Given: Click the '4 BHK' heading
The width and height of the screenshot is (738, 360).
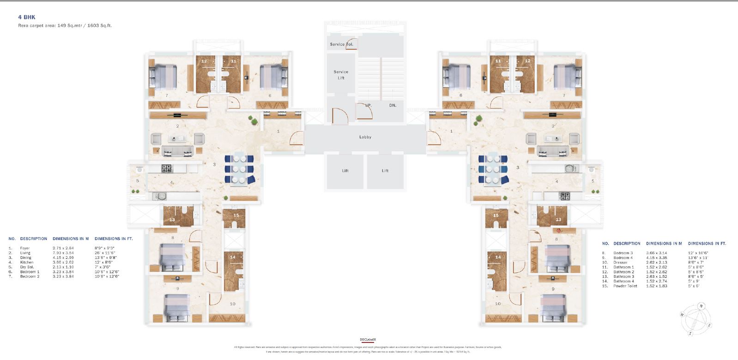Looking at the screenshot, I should click(x=27, y=17).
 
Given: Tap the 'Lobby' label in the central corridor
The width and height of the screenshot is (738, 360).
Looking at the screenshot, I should click(x=365, y=137).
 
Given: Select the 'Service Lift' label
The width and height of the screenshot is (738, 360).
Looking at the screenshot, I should click(x=341, y=75).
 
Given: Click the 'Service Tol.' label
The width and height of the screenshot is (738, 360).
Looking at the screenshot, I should click(x=341, y=44).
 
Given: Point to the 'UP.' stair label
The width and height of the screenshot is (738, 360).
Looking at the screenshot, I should click(x=368, y=105).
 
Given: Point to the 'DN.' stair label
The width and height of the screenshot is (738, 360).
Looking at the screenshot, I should click(x=393, y=105).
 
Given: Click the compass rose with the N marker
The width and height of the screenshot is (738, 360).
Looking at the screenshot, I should click(x=696, y=319).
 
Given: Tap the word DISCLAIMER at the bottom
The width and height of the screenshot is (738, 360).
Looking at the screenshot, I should click(x=368, y=340).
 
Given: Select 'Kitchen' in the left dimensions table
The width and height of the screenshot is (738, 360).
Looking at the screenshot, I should click(x=27, y=262).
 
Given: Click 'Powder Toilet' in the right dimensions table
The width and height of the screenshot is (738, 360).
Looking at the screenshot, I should click(x=625, y=286).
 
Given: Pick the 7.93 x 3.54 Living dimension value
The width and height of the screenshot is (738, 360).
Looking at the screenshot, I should click(x=63, y=253).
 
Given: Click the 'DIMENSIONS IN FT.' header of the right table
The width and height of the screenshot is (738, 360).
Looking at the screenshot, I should click(x=707, y=243).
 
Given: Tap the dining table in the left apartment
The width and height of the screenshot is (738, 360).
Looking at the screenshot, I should click(x=239, y=169).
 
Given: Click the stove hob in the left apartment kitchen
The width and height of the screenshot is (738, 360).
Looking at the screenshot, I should click(x=167, y=168).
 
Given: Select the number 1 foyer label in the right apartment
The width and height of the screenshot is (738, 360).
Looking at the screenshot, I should click(x=451, y=131).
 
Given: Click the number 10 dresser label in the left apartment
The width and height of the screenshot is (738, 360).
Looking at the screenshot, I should click(x=232, y=304).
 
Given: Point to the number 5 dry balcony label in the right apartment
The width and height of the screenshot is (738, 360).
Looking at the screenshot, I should click(x=593, y=181).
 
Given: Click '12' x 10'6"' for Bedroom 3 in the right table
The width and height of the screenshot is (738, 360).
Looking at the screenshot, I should click(x=698, y=253).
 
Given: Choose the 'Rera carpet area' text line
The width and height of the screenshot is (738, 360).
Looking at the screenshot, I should click(x=65, y=26).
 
